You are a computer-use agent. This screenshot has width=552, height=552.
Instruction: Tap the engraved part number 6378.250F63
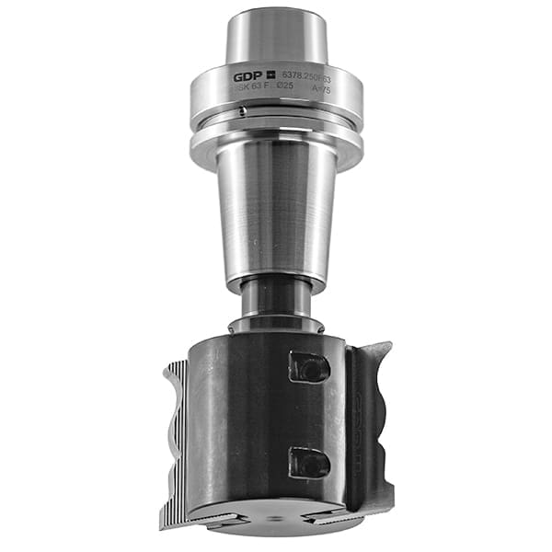[x=308, y=78]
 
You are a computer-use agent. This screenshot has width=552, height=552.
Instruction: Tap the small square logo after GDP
[x=272, y=75]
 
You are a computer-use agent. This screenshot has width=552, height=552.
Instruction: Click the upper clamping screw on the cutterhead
[x=308, y=367]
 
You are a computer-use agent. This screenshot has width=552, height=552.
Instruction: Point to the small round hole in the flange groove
[x=241, y=112]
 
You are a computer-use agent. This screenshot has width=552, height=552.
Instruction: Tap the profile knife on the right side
[x=373, y=423]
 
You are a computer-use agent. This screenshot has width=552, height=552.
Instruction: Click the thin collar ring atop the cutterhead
[x=276, y=325]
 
